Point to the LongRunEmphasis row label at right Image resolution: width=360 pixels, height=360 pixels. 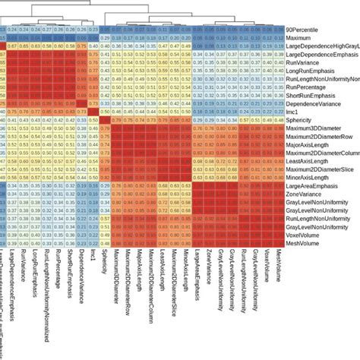click(x=307, y=74)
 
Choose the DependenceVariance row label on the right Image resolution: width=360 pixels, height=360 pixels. click(x=311, y=101)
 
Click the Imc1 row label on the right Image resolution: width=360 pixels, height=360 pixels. click(x=289, y=111)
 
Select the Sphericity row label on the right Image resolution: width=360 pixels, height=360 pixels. click(x=295, y=120)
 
